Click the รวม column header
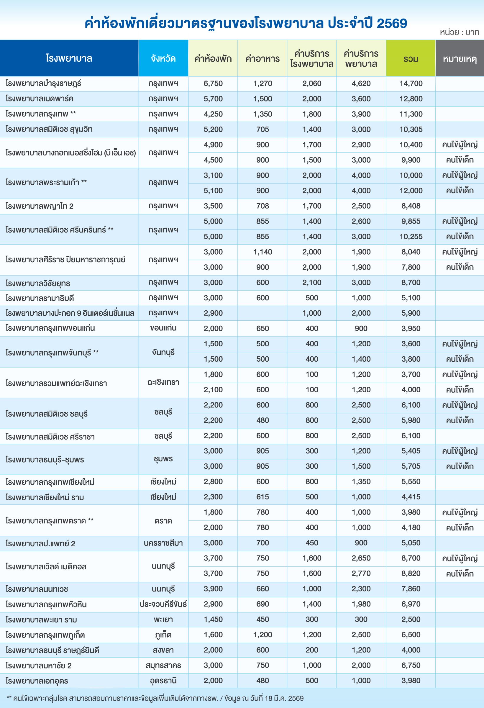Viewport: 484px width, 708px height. pyautogui.click(x=411, y=58)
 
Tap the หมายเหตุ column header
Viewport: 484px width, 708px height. pyautogui.click(x=460, y=58)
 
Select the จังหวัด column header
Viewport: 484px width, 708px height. pyautogui.click(x=163, y=58)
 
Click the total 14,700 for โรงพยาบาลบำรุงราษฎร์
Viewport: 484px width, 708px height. pyautogui.click(x=411, y=83)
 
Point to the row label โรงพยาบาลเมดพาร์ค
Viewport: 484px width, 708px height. pyautogui.click(x=40, y=99)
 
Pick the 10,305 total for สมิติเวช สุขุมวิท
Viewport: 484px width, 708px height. pyautogui.click(x=411, y=130)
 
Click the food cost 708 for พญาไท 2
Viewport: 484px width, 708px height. pyautogui.click(x=262, y=206)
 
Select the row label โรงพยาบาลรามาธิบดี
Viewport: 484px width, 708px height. pyautogui.click(x=40, y=298)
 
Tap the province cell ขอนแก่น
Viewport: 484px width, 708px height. pyautogui.click(x=163, y=328)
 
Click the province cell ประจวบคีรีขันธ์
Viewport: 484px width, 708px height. pyautogui.click(x=163, y=604)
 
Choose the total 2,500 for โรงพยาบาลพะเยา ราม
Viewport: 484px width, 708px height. pyautogui.click(x=411, y=619)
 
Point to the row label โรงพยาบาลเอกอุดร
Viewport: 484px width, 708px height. pyautogui.click(x=37, y=681)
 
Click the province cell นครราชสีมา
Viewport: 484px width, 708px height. pyautogui.click(x=163, y=543)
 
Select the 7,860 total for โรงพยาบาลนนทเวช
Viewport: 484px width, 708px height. pyautogui.click(x=411, y=589)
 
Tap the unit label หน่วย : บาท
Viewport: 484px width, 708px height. pyautogui.click(x=459, y=32)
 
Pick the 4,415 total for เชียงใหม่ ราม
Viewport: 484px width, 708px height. pyautogui.click(x=411, y=496)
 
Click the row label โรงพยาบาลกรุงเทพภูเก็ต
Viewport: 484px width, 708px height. pyautogui.click(x=45, y=635)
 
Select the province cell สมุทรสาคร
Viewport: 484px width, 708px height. pyautogui.click(x=163, y=665)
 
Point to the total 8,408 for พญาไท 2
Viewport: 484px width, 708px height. pyautogui.click(x=411, y=206)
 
